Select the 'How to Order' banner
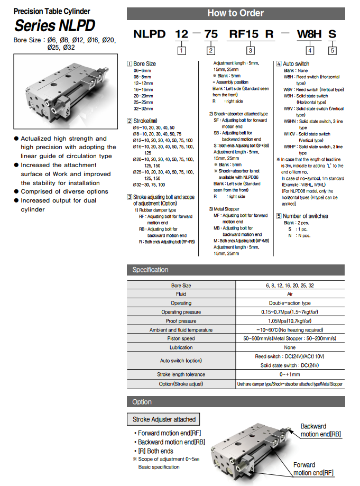click(235, 13)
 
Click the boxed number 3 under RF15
click(250, 51)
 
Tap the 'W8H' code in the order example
click(310, 35)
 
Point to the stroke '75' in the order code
click(210, 35)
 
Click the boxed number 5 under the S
click(332, 51)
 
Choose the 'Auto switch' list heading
click(296, 63)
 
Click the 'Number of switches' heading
click(305, 216)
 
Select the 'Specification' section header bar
click(235, 270)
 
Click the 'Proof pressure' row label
click(181, 321)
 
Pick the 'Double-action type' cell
click(290, 303)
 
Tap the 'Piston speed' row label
click(181, 338)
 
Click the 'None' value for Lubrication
click(290, 347)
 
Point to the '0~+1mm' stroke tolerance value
click(290, 374)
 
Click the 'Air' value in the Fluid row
click(290, 294)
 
